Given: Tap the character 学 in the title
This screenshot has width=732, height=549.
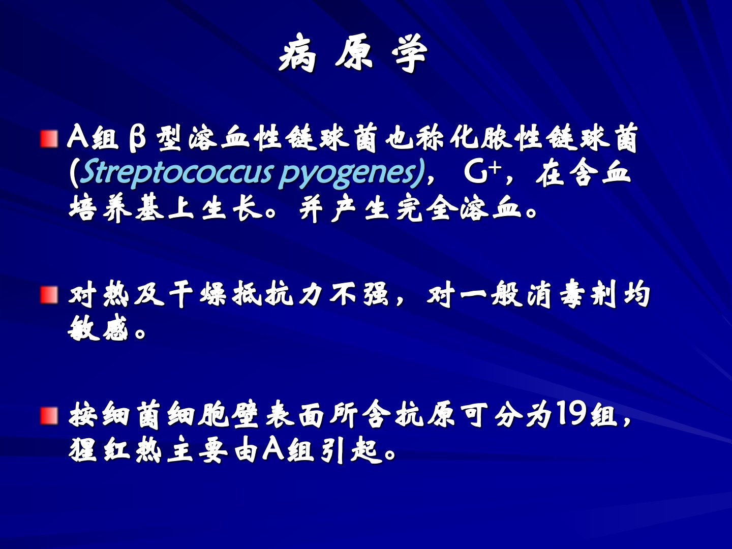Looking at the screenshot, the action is [x=409, y=53].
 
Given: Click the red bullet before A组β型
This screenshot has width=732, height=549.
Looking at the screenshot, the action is [x=49, y=139].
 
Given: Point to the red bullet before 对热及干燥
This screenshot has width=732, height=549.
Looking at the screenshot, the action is [x=49, y=295].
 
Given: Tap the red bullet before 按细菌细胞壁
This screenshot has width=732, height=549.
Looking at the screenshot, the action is [x=49, y=416].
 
